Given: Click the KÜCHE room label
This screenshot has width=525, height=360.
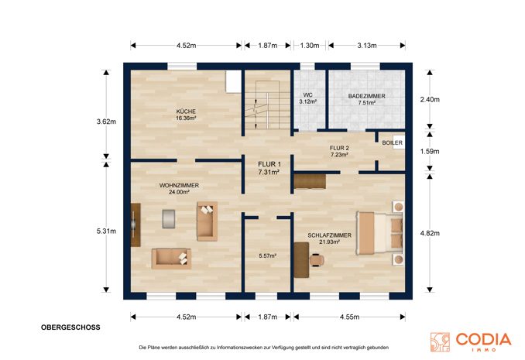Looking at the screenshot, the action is tap(186, 111).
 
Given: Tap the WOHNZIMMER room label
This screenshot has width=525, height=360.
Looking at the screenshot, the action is tap(179, 185).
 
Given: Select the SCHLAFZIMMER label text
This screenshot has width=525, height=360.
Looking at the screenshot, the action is tap(329, 235).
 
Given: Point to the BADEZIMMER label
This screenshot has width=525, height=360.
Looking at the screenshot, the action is tap(366, 96).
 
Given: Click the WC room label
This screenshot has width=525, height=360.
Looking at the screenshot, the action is tap(307, 95).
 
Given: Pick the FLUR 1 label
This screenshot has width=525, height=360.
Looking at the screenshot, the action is tap(269, 164).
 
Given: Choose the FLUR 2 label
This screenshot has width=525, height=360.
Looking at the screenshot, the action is tap(339, 148).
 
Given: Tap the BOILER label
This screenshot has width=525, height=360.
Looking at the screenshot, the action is tap(392, 142).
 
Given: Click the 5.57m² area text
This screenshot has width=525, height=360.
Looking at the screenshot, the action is tap(267, 255).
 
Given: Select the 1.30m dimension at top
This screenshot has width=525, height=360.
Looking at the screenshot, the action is tap(310, 46).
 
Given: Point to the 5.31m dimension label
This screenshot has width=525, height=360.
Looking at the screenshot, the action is tap(107, 231).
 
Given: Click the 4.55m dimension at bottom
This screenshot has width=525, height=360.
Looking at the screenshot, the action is tap(349, 317).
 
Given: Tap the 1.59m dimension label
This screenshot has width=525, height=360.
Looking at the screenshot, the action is tap(430, 152).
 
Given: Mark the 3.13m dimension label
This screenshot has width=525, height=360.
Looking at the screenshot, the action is tap(366, 46).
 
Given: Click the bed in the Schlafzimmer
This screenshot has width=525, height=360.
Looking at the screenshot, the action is tap(379, 233).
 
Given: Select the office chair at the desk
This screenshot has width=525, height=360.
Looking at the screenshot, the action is tap(317, 259).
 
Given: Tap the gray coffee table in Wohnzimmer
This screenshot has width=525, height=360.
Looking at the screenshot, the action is tap(169, 219).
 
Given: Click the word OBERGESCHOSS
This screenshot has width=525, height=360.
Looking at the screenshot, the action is tap(70, 327).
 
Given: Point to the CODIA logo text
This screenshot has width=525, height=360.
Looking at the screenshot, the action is tap(483, 339).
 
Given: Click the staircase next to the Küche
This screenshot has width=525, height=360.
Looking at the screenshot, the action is tap(267, 105).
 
